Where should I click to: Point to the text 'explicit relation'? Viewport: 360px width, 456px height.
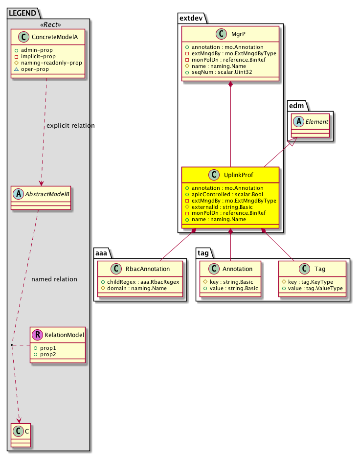[x=70, y=126]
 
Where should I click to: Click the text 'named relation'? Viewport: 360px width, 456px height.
[x=54, y=279]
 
